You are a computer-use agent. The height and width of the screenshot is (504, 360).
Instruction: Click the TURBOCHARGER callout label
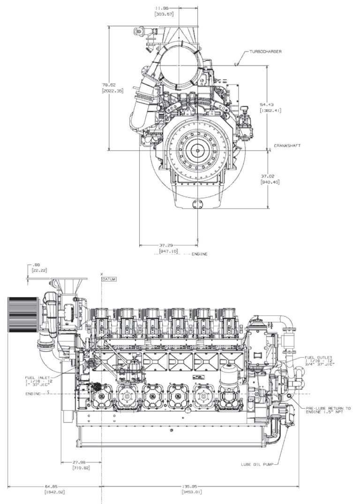tap(265, 51)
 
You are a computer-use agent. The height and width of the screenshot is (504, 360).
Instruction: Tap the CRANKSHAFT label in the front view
tap(287, 146)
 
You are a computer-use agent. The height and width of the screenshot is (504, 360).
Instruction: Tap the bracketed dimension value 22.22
tap(37, 271)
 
